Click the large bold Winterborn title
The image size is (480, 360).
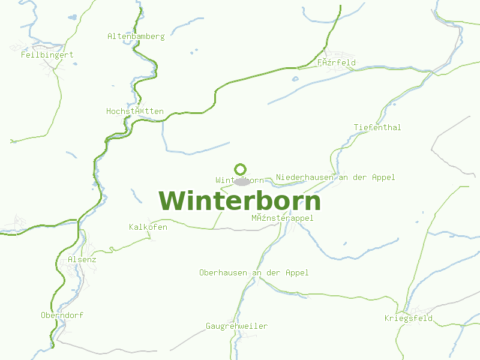click(240, 201)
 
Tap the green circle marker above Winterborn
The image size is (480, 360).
click(241, 169)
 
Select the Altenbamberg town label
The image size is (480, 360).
click(136, 37)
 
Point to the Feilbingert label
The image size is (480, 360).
click(47, 55)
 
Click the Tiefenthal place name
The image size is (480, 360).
click(377, 128)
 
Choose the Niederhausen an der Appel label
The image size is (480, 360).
click(335, 178)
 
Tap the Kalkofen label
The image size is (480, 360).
click(148, 227)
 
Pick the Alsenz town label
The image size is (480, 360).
click(82, 260)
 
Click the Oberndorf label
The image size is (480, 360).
click(62, 316)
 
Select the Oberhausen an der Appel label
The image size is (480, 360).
click(254, 273)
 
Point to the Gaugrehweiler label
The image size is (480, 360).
click(236, 326)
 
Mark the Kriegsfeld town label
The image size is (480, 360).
click(409, 319)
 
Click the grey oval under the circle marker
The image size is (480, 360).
click(242, 182)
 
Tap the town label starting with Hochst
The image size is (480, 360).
click(135, 112)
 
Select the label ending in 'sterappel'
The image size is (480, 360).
click(282, 218)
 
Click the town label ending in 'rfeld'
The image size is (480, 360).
click(336, 62)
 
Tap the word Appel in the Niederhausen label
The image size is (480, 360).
click(383, 178)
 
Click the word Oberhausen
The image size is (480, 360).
click(223, 273)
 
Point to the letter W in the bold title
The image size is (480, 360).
click(172, 201)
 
